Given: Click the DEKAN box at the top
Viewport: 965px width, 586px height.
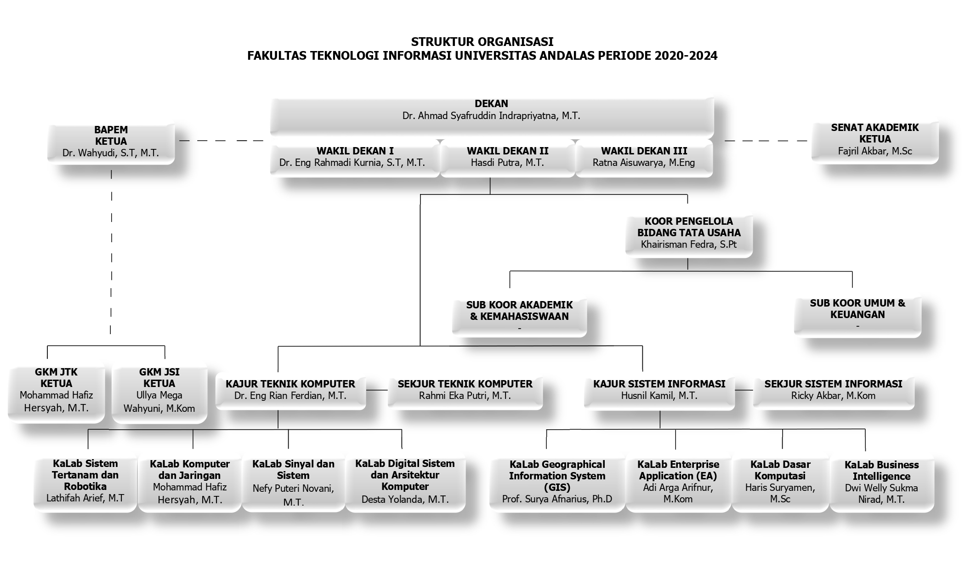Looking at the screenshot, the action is coord(492,116).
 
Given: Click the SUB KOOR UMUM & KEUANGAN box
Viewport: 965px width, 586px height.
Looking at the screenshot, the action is coord(857,316).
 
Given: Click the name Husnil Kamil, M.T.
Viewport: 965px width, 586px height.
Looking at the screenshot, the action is coord(659,396).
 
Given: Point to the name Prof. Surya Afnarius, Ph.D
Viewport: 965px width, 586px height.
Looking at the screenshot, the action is coord(557,499).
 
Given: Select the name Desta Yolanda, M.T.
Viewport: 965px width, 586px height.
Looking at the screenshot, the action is coord(405,500).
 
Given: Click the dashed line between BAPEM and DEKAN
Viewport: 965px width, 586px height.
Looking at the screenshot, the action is coord(221,141).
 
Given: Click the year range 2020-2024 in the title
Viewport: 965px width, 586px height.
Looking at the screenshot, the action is coord(686,56).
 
